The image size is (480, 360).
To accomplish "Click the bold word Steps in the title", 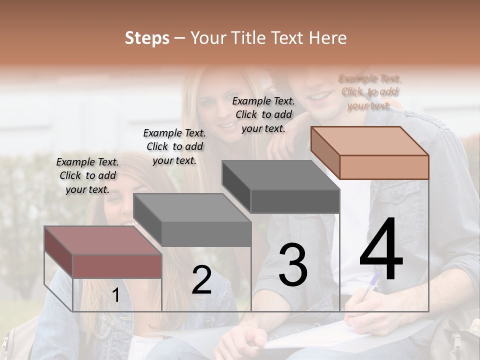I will coord(147,38).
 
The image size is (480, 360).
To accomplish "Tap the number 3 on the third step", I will coord(292,265).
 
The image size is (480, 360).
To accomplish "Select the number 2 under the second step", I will coord(201,280).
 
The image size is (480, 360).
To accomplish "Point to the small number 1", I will coord(115,295).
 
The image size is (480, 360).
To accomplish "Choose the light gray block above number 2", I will coord(192,220).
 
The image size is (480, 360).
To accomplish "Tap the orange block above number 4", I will coord(370,153).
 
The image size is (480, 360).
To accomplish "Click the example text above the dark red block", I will coord(87,175).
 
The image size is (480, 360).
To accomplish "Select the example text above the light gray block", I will coord(174,146).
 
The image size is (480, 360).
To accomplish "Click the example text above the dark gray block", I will coord(263,114).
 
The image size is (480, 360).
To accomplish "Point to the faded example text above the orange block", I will coord(369,92).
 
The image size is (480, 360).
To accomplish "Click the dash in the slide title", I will coord(180,38).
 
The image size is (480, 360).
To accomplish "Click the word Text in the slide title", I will coord(288,38).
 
